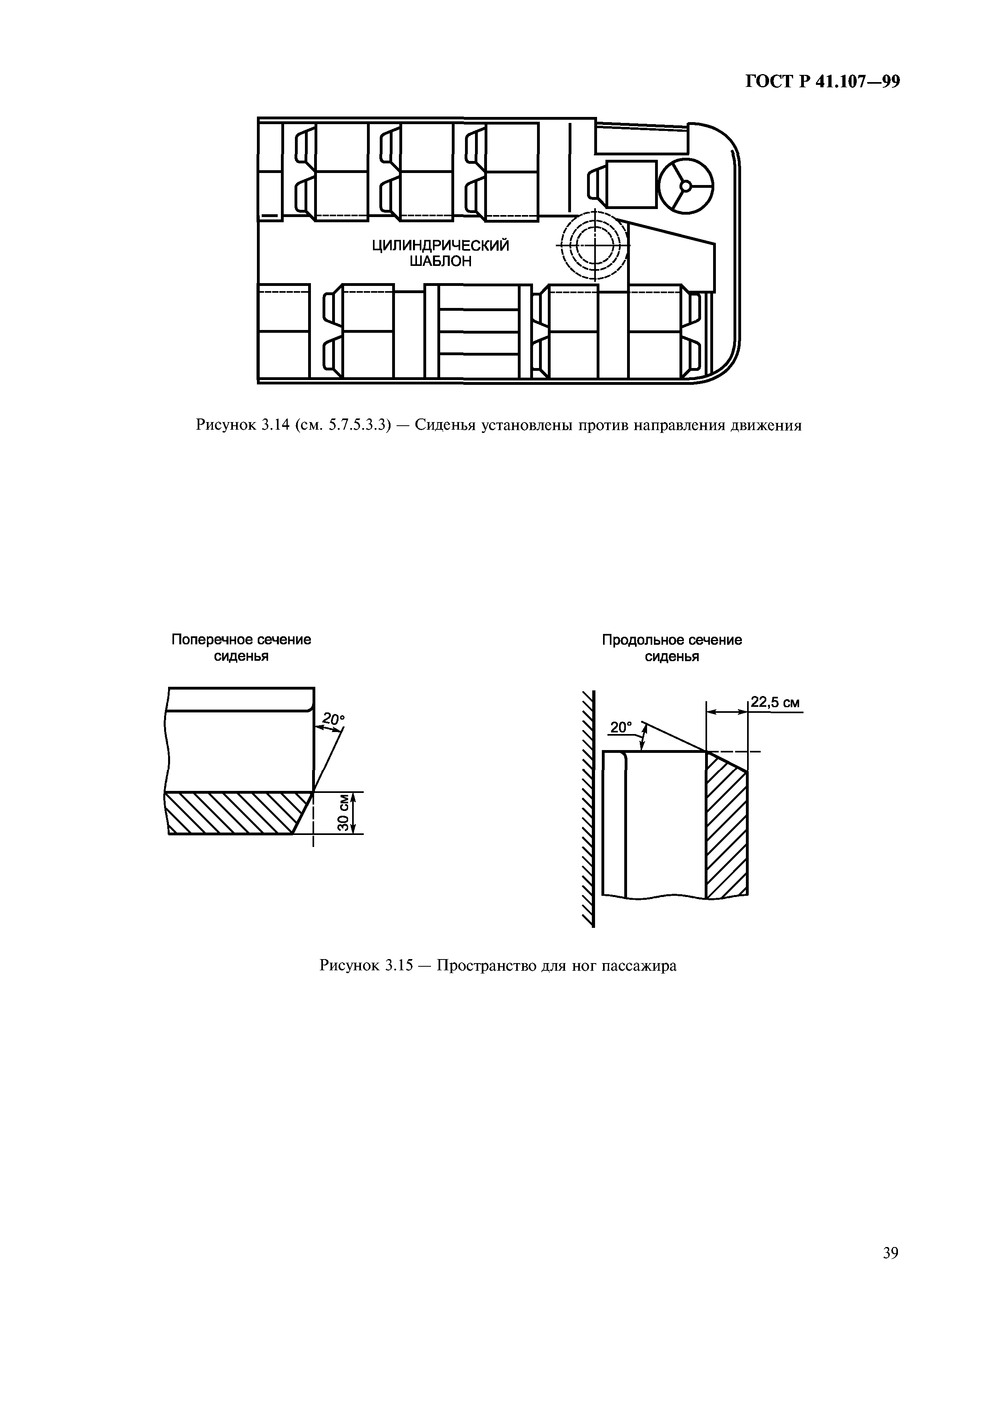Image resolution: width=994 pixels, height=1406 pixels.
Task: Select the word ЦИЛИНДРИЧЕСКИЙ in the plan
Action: (441, 245)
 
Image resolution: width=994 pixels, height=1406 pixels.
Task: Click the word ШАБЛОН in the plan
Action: (441, 262)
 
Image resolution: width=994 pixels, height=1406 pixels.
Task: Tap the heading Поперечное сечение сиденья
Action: (241, 648)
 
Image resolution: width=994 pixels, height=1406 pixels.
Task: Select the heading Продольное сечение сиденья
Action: (672, 648)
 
